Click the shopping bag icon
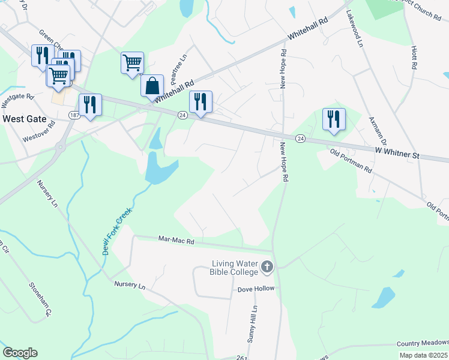point(152,85)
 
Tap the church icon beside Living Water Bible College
point(267,266)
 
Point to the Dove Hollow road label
point(256,289)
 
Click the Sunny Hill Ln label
point(255,323)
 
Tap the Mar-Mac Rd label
point(176,241)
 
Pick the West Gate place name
point(25,119)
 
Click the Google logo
point(20,353)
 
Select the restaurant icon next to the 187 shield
point(90,104)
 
